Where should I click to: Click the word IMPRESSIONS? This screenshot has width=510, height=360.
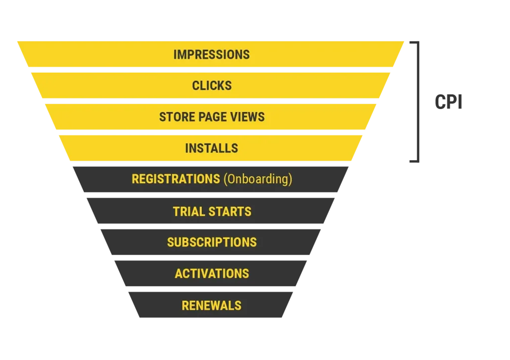click(x=211, y=54)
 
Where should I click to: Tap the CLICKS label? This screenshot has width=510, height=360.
click(x=212, y=86)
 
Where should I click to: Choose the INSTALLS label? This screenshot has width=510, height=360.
click(x=211, y=148)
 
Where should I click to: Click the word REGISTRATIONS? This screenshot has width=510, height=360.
click(x=175, y=179)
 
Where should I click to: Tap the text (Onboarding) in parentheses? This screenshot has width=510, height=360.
click(x=257, y=179)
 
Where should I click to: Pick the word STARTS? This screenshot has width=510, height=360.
click(x=232, y=211)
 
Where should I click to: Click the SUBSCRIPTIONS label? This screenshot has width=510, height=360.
click(x=212, y=242)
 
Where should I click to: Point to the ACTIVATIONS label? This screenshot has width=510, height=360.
click(x=212, y=273)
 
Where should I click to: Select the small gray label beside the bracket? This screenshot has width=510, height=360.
click(x=448, y=101)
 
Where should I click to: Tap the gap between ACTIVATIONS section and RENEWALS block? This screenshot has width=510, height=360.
click(x=211, y=289)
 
